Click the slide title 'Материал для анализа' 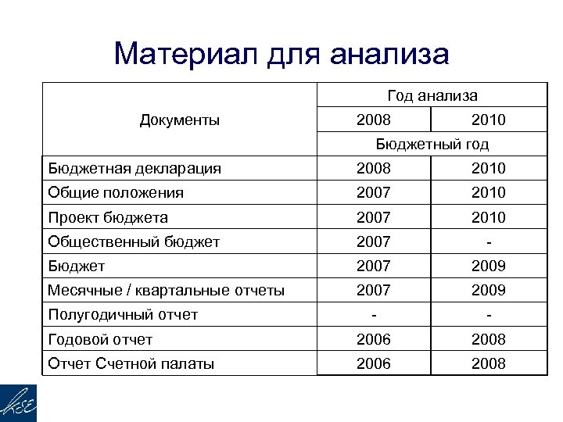coord(281,54)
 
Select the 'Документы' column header coord(179,120)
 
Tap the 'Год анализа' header coord(432,96)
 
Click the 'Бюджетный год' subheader coord(432,145)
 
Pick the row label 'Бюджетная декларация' coord(134,168)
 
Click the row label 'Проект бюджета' coord(108,216)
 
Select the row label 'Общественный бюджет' coord(134,241)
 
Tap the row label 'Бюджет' coord(76,266)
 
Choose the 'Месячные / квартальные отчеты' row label coord(166,290)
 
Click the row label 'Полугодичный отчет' coord(123,315)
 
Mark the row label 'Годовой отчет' coord(101,339)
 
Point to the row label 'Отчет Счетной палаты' coord(131,363)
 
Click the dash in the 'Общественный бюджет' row coord(489,241)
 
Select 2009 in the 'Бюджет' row coord(489,266)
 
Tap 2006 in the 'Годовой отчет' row coord(374,339)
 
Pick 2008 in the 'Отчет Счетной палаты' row coord(489,363)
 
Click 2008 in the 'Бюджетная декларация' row coord(374,168)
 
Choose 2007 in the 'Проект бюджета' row coord(374,216)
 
